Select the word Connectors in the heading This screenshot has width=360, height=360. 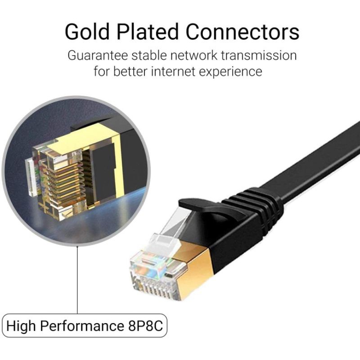[243, 32]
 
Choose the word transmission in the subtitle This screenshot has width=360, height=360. [264, 56]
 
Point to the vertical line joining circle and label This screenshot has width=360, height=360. [77, 279]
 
